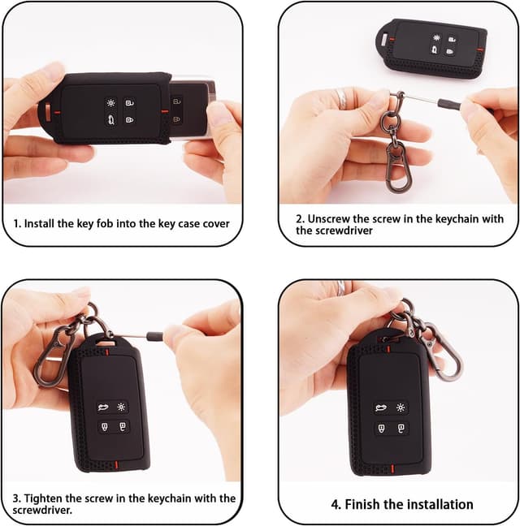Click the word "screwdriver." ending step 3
pos(42,511)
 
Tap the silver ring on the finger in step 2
pos(342,97)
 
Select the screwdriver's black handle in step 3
pos(155,334)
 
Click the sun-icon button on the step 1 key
pos(110,102)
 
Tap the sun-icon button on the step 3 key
pos(121,407)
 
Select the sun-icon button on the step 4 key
pos(400,407)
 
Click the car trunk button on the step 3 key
pos(103,407)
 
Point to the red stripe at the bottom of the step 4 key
pos(392,468)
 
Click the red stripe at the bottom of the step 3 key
pos(116,465)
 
